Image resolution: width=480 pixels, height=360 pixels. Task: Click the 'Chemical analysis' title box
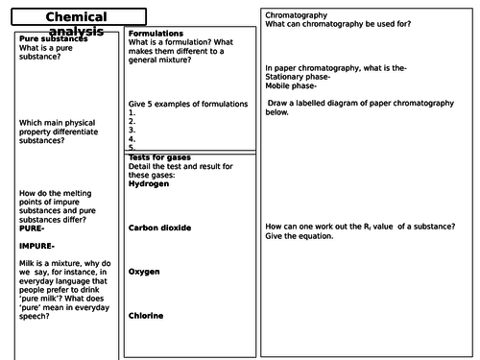75,17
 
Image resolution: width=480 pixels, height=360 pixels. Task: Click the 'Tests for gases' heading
159,157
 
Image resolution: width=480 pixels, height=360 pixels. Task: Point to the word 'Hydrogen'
148,183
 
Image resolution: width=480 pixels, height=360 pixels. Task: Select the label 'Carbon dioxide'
159,228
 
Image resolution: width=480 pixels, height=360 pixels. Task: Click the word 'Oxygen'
144,272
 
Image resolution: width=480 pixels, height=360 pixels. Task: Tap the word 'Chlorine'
146,316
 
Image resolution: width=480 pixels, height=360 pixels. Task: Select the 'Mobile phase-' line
290,85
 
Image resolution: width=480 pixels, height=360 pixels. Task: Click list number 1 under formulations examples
132,113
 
